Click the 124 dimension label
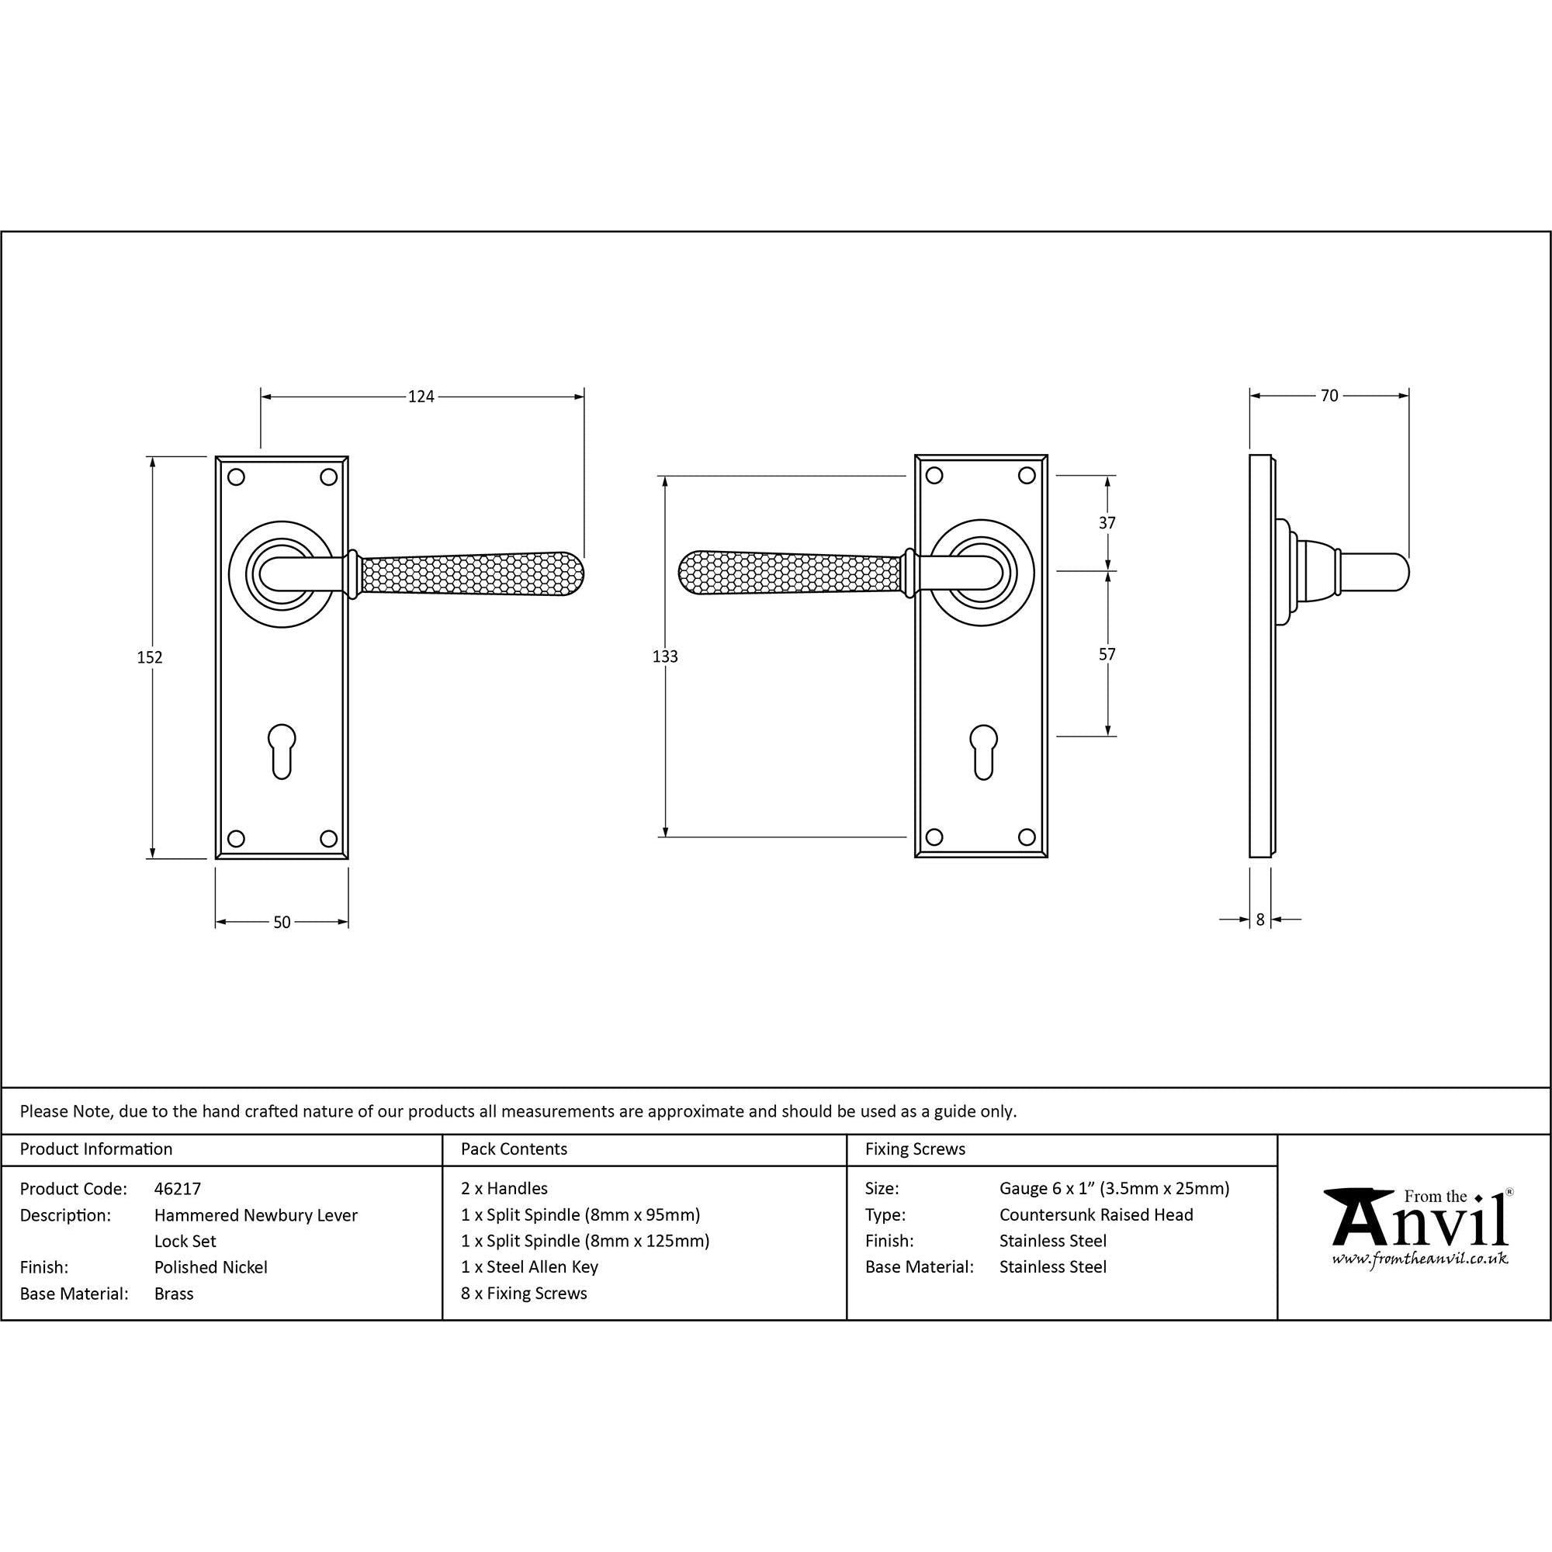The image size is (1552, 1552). (x=421, y=396)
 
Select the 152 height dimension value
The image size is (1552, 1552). (x=150, y=657)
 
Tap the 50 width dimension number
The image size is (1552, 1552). (x=282, y=922)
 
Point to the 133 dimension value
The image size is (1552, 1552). (x=665, y=656)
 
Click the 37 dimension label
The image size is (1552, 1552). (x=1107, y=523)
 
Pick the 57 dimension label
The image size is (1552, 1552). (x=1107, y=655)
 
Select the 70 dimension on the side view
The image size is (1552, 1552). (x=1329, y=395)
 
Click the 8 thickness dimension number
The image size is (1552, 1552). (x=1260, y=920)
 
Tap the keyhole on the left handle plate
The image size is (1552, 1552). (x=282, y=752)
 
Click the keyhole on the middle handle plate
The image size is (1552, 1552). (x=984, y=752)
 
